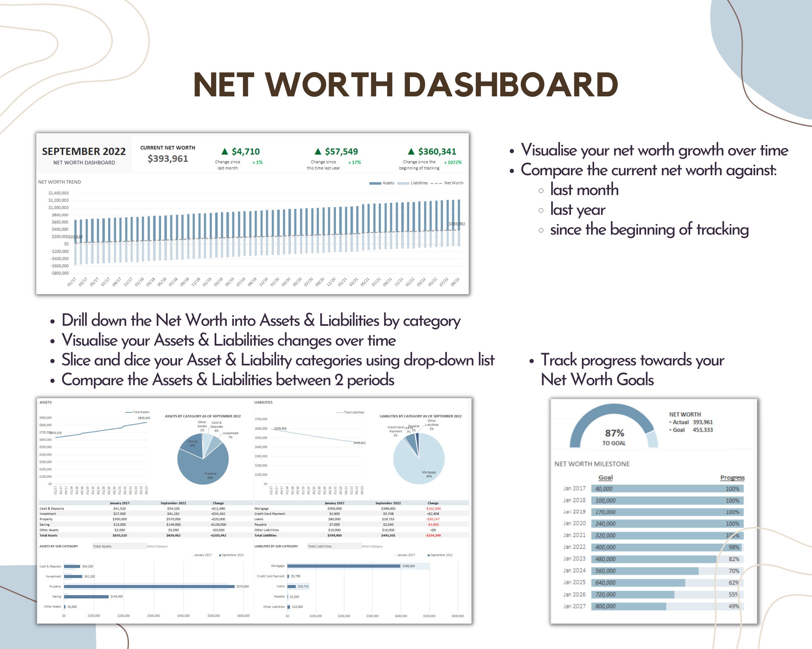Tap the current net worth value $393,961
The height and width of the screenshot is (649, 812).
click(x=168, y=159)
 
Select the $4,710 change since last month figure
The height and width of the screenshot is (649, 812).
click(x=245, y=152)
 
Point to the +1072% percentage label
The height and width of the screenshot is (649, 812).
click(x=453, y=163)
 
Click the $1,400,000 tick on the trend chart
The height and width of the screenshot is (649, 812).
click(x=58, y=193)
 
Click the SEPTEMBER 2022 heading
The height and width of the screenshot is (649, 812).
click(x=83, y=151)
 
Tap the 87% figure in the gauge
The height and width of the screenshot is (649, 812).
click(x=614, y=433)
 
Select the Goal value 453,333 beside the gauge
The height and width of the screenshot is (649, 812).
click(x=703, y=430)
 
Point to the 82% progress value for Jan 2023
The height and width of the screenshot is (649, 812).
click(x=734, y=559)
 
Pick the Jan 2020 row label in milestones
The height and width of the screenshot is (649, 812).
click(x=574, y=523)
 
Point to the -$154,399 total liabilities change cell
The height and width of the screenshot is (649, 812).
click(x=433, y=535)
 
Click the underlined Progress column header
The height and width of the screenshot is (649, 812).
click(x=732, y=477)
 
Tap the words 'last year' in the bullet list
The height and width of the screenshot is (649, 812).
click(x=577, y=210)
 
